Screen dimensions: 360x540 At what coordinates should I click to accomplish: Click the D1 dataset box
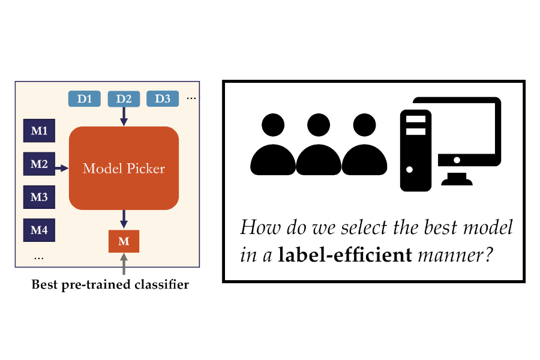[85, 98]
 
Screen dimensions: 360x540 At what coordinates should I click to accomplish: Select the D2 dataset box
[124, 98]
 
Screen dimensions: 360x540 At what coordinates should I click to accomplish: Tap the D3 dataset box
[163, 98]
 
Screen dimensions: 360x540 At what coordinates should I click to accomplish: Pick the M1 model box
[39, 131]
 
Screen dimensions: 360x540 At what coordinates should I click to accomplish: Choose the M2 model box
[39, 164]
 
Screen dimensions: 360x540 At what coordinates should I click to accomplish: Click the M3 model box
[39, 197]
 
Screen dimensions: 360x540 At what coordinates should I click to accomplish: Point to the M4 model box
[39, 230]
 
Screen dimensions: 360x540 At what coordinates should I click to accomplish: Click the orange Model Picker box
[124, 168]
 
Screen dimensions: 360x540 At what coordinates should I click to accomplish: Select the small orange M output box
[124, 241]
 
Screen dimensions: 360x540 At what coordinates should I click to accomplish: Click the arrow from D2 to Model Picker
[124, 116]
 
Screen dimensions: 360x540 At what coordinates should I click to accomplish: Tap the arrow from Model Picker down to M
[124, 218]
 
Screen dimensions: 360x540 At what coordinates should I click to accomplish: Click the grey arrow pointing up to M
[124, 264]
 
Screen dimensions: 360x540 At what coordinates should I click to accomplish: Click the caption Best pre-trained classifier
[110, 285]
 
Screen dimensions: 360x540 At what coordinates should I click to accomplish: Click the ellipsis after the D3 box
[191, 98]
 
